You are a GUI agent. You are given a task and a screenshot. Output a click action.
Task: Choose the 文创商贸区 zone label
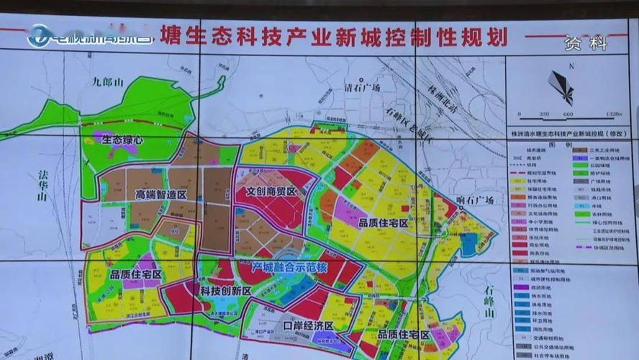(271, 192)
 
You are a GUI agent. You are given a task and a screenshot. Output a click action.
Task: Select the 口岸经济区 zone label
(309, 325)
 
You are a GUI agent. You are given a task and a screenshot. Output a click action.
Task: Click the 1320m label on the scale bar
(612, 114)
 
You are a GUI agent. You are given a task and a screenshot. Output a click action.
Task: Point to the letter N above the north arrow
(569, 67)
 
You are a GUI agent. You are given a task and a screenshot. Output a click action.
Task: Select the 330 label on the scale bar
(543, 114)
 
